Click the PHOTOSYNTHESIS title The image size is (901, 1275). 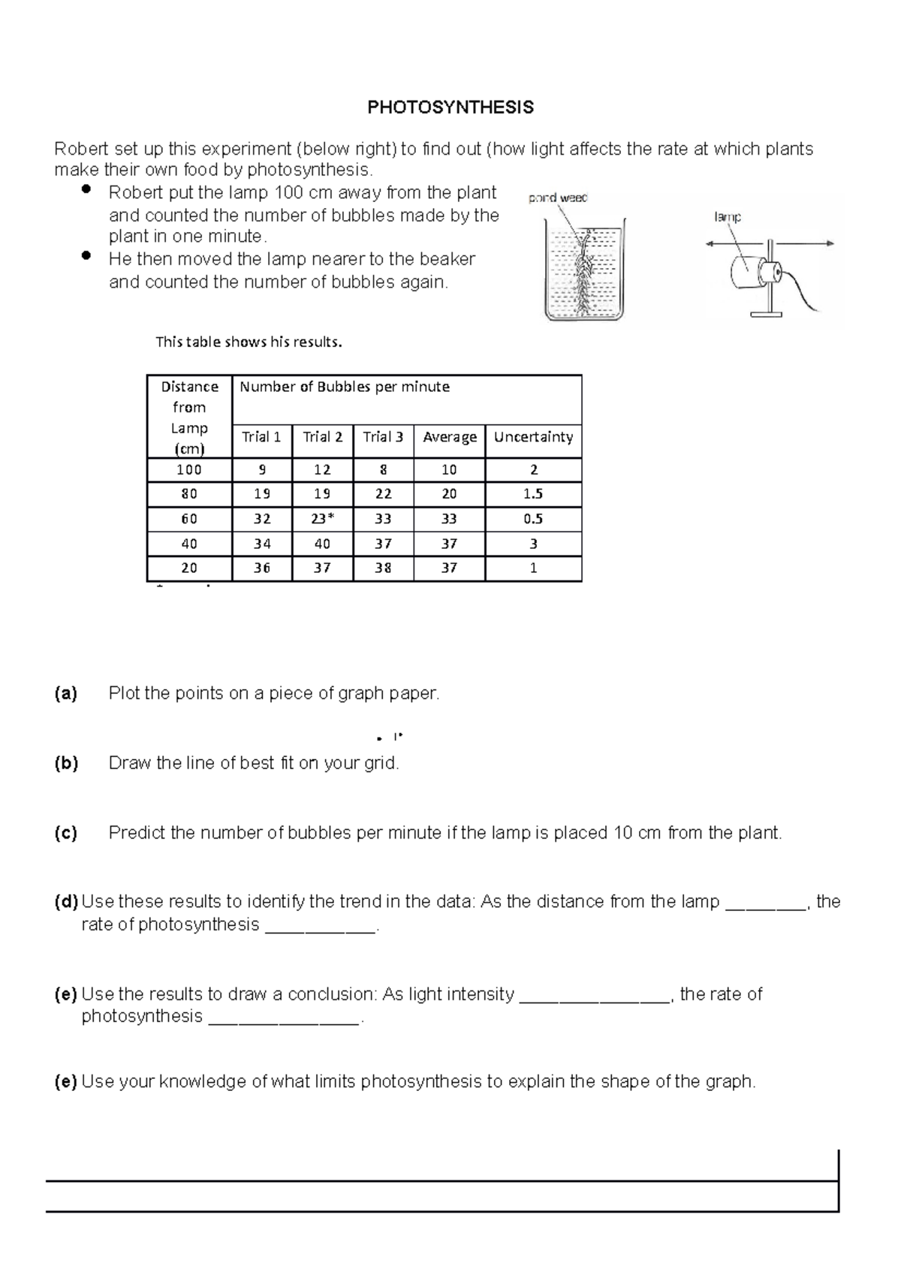tap(450, 107)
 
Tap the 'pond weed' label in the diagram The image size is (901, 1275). tap(557, 198)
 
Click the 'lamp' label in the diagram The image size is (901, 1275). tap(727, 217)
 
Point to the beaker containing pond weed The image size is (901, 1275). tap(585, 271)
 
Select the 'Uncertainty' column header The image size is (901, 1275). tap(533, 437)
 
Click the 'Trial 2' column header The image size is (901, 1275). tap(322, 437)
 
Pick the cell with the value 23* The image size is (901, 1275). tap(322, 519)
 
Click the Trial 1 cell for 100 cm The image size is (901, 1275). tap(261, 470)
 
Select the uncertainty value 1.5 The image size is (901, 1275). tap(533, 494)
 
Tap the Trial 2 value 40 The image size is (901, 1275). tap(322, 544)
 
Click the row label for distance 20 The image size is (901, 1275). tap(189, 568)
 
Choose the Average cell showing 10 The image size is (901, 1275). tap(449, 470)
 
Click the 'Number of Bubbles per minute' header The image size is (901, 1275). tap(345, 387)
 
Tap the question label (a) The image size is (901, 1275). tap(66, 694)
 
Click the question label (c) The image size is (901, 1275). tap(66, 833)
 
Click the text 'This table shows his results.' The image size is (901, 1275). tap(249, 342)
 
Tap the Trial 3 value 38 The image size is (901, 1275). tap(383, 568)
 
